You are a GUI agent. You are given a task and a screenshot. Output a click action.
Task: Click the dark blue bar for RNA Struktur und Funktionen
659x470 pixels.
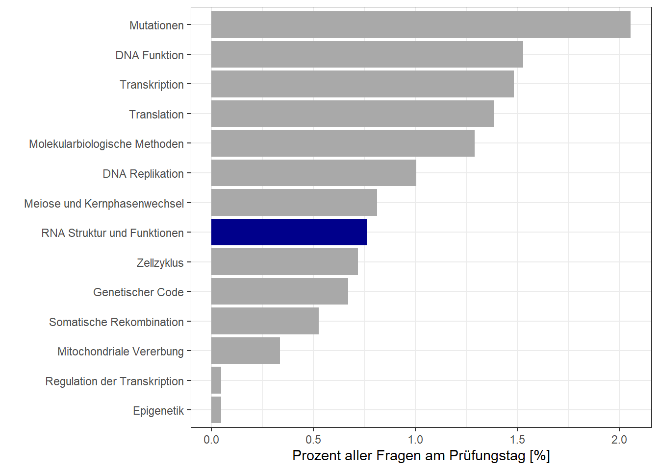(289, 232)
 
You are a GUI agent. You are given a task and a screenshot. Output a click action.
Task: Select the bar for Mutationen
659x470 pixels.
(421, 25)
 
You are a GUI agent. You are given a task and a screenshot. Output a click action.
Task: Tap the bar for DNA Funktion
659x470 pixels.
(367, 54)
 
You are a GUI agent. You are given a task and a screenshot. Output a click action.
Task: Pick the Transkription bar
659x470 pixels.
(362, 84)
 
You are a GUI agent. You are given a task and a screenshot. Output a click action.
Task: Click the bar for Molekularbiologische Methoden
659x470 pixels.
(343, 143)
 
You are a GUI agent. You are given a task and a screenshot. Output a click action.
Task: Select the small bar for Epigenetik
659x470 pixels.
(216, 410)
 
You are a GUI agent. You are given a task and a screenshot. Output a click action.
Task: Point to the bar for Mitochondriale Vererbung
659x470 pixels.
(245, 351)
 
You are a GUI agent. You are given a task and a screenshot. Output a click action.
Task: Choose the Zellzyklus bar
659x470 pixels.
(284, 262)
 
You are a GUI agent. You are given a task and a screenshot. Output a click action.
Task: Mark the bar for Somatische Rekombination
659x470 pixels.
(265, 321)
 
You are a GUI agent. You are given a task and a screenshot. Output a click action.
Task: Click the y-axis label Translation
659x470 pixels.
(156, 115)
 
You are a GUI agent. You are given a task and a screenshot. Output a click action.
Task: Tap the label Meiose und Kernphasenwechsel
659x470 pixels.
(104, 204)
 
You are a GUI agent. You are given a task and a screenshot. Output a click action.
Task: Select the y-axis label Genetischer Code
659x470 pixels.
(138, 292)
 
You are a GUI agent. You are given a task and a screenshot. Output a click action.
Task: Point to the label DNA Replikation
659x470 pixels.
(143, 174)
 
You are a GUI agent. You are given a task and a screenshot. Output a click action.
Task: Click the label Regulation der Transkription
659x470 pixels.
(114, 381)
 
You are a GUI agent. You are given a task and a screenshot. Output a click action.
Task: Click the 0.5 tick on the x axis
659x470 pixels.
(313, 440)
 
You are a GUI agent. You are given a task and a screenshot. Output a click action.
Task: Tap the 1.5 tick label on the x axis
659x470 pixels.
(517, 440)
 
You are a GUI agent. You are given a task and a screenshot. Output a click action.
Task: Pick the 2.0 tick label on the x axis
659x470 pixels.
(619, 440)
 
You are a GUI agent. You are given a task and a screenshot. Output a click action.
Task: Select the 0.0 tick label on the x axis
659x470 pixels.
(211, 440)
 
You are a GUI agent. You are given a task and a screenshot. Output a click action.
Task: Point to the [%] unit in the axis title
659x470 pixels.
(539, 456)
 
